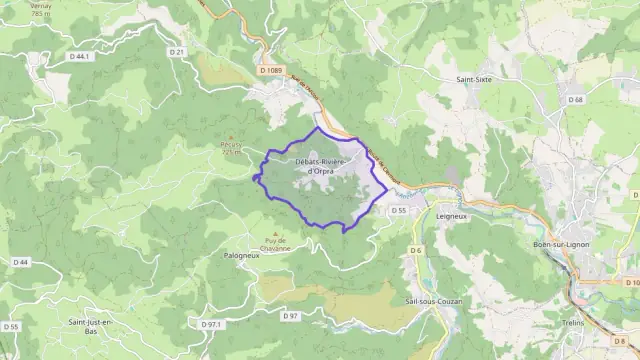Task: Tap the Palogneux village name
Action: pos(240,255)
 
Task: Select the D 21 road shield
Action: pos(177,51)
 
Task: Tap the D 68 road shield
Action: pos(576,99)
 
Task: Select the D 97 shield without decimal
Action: pos(291,316)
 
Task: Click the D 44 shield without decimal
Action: pos(20,262)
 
